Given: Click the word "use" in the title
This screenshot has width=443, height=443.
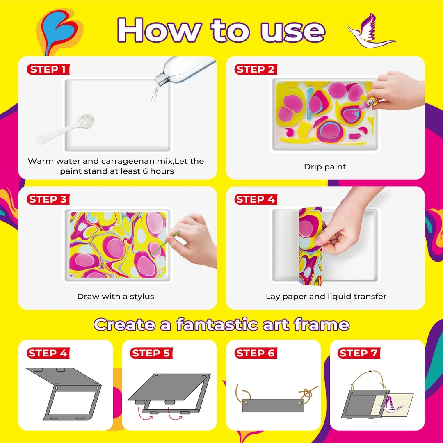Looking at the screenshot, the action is [293, 31].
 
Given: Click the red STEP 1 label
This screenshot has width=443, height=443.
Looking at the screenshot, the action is [48, 69].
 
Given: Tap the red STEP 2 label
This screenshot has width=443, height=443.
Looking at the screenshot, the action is [256, 69].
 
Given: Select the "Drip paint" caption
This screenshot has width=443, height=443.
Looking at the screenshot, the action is [325, 167].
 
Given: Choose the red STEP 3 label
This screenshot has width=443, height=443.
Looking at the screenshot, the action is [48, 199].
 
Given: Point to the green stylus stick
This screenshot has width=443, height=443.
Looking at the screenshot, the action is [165, 244].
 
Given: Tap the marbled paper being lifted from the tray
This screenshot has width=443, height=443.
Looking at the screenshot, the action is [310, 246].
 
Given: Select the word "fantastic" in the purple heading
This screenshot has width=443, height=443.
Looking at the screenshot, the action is [217, 324].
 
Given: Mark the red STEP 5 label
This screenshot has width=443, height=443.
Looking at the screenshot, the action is [151, 353].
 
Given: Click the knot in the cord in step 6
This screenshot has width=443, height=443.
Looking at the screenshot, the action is [306, 393].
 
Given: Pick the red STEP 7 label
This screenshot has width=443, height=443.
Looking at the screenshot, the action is [359, 353].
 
